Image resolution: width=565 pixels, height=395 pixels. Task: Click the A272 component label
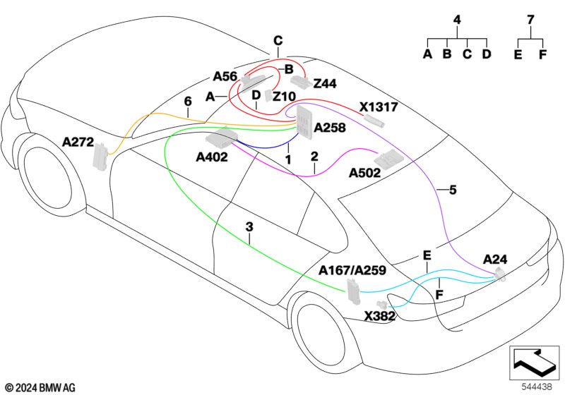[x=78, y=142]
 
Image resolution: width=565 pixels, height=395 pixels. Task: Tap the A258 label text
[x=330, y=128]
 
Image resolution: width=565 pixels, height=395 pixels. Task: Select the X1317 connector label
[x=379, y=107]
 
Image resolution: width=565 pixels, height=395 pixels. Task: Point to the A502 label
[x=364, y=173]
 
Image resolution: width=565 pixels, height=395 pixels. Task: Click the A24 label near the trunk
[x=495, y=260]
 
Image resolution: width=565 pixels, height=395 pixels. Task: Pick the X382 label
[x=380, y=316]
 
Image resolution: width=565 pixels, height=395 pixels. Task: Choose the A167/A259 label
[x=352, y=270]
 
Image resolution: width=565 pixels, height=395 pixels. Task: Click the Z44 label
[x=325, y=84]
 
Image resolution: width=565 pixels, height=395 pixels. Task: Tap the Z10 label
[x=285, y=97]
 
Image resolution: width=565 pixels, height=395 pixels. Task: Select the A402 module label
[x=212, y=157]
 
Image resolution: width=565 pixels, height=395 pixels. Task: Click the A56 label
[x=225, y=76]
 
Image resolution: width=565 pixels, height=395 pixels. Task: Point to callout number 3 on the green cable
[x=249, y=227]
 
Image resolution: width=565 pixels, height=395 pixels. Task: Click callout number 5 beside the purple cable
[x=453, y=190]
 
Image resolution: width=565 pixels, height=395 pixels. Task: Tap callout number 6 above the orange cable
[x=188, y=102]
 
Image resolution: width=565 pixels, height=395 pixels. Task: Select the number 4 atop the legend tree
[x=457, y=20]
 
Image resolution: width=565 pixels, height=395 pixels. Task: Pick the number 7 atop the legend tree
[x=530, y=20]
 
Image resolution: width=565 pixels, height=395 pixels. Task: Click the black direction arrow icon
[x=535, y=362]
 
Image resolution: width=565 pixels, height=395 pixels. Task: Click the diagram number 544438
[x=537, y=387]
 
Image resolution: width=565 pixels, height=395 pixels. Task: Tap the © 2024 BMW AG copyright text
[x=41, y=388]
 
